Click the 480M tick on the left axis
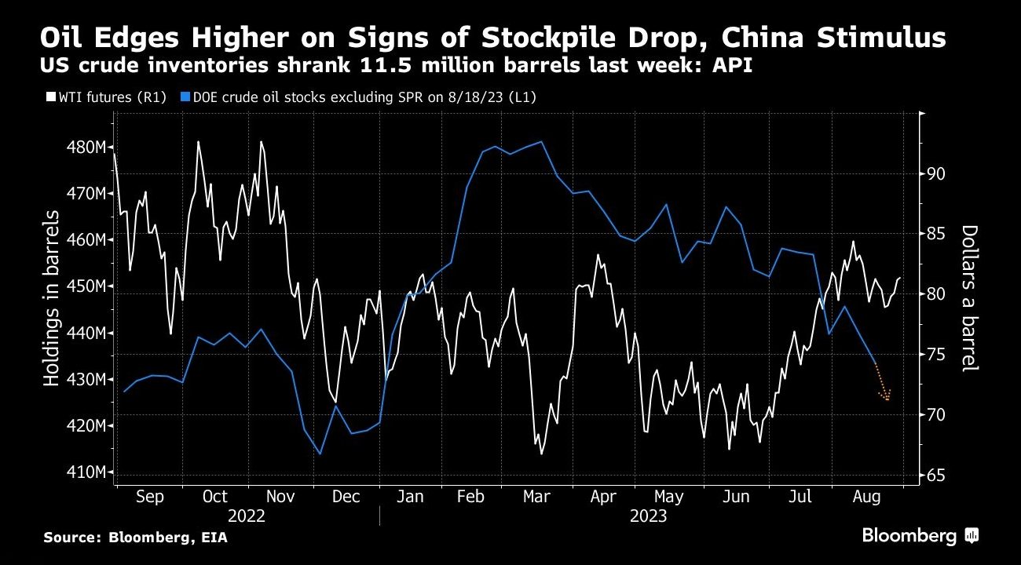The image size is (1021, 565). click(86, 147)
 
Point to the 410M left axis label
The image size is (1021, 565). click(86, 472)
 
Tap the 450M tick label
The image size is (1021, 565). click(86, 286)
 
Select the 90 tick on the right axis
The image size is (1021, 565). click(935, 174)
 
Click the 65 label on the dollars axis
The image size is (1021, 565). click(935, 476)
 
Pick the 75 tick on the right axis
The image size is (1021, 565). click(935, 355)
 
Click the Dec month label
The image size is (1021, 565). click(346, 496)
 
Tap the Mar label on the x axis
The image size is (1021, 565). click(536, 496)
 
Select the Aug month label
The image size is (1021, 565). click(866, 497)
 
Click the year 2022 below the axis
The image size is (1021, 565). click(246, 516)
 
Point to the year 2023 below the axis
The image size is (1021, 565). click(648, 516)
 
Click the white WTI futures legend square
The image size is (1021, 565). click(51, 97)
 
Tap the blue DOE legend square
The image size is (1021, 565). click(185, 97)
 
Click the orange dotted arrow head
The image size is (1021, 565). click(886, 395)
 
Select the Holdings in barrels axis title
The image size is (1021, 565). click(52, 298)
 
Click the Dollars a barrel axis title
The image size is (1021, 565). click(969, 298)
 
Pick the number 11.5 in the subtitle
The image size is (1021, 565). click(386, 65)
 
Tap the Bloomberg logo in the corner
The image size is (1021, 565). click(920, 535)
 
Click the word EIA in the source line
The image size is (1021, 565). click(214, 538)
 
